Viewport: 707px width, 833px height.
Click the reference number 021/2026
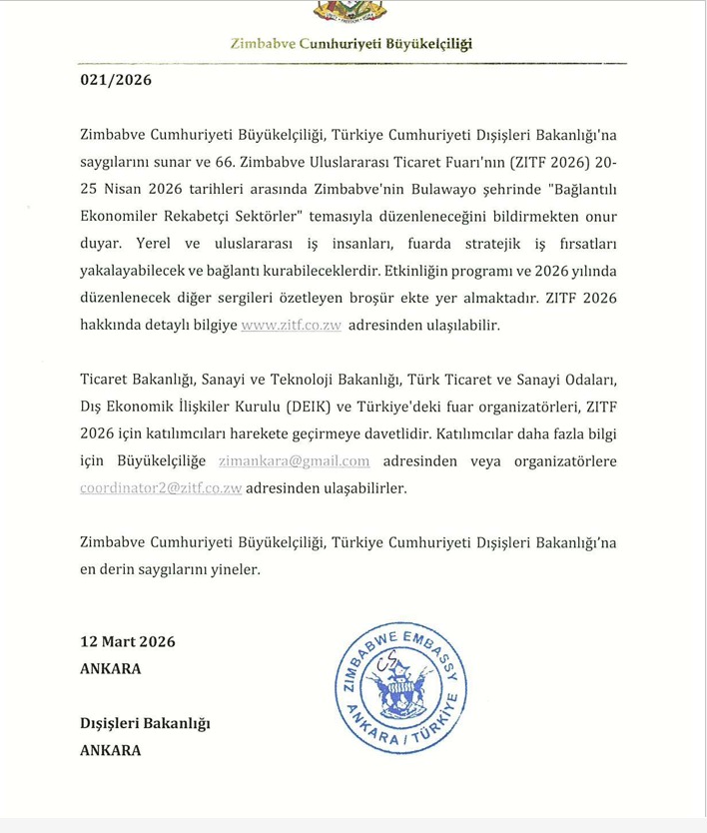pos(116,80)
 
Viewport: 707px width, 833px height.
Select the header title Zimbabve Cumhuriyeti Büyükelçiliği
pos(352,44)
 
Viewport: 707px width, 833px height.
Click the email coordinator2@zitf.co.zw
pos(161,488)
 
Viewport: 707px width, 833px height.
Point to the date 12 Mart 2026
pos(127,641)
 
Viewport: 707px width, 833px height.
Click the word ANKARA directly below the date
pos(110,668)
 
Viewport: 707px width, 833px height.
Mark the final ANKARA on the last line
pos(110,750)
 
